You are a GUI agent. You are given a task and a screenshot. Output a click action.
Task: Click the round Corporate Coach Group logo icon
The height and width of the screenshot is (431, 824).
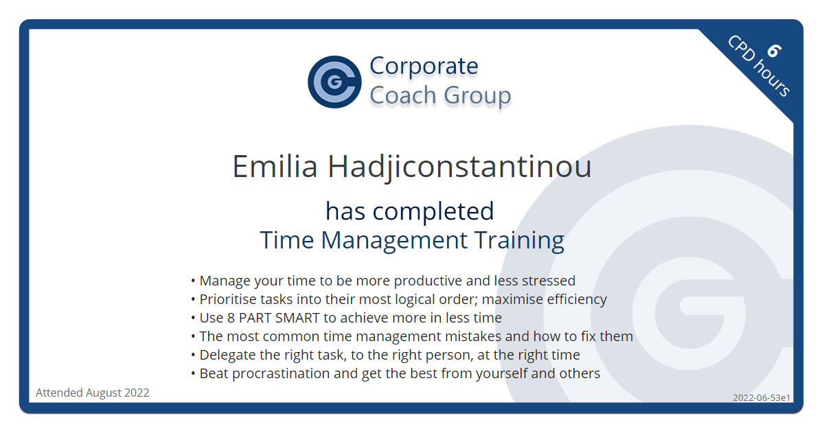334,82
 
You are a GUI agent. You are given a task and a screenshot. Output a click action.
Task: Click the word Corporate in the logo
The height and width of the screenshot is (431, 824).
424,66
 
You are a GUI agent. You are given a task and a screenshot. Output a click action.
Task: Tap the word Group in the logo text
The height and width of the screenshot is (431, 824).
477,96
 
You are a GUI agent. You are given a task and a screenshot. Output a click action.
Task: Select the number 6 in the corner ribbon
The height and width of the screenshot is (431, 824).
774,51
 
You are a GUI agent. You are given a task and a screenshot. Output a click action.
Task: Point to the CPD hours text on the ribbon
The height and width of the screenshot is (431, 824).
759,66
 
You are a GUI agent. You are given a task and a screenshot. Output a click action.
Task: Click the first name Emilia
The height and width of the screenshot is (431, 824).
275,167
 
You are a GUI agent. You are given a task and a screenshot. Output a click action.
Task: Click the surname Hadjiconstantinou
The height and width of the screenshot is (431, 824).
459,167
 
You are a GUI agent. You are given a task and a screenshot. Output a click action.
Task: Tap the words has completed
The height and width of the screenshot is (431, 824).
410,212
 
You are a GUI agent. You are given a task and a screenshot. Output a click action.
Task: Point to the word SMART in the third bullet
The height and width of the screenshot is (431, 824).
297,318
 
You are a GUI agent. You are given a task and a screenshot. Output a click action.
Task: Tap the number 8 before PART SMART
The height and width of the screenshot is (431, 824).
231,318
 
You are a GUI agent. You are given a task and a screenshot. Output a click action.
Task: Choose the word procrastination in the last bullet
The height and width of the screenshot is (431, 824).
281,373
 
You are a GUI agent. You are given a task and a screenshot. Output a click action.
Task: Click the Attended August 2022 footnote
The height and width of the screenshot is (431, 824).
92,393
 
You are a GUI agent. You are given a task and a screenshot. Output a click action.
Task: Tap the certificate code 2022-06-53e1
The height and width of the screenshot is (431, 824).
762,397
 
